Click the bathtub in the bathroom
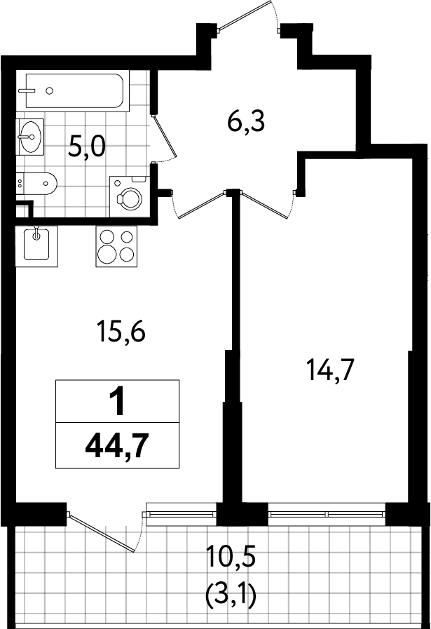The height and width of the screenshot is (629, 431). [x=74, y=90]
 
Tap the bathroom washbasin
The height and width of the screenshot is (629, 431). [x=29, y=137]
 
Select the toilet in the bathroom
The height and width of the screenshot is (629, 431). [x=36, y=184]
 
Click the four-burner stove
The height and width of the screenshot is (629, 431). [x=116, y=246]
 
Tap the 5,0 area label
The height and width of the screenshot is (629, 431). [x=87, y=146]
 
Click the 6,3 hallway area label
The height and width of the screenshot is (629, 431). [x=246, y=121]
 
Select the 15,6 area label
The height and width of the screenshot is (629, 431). [x=121, y=332]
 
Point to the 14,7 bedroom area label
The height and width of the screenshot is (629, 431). [x=330, y=370]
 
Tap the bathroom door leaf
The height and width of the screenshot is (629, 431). [x=165, y=135]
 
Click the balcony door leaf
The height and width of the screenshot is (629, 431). [x=102, y=532]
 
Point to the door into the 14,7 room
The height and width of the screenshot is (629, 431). [x=266, y=205]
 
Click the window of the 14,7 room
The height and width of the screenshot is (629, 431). [x=327, y=514]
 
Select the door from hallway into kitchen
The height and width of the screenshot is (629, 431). [x=200, y=205]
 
